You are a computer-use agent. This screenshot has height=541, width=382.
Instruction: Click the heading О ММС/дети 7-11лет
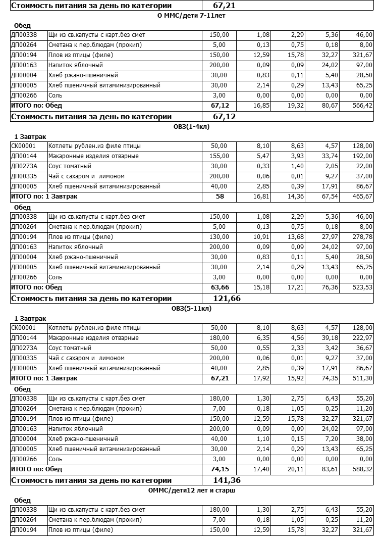(191, 16)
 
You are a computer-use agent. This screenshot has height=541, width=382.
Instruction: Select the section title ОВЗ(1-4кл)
(191, 127)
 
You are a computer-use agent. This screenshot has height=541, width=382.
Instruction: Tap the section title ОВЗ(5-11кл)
(191, 309)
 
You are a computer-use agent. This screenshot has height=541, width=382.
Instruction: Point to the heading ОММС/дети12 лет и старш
(191, 490)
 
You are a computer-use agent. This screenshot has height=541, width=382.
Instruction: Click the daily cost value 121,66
(227, 299)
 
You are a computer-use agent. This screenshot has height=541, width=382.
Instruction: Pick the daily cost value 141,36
(227, 480)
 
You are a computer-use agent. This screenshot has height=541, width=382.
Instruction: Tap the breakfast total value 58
(220, 196)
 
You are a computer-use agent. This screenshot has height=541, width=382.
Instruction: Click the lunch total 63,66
(220, 287)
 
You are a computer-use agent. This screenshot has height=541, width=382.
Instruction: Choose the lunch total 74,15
(220, 469)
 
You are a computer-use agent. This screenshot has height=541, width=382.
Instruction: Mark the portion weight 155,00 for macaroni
(220, 156)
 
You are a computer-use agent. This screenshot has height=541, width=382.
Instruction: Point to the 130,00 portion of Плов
(220, 237)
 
